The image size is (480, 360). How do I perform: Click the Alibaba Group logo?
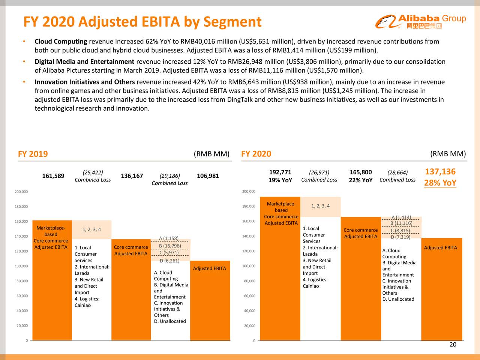coord(420,22)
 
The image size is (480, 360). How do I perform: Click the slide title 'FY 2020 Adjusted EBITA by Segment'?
coord(142,22)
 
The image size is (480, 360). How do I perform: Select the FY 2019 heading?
coord(33,154)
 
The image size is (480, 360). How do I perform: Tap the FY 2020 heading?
coord(256,154)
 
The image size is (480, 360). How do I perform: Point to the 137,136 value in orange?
coord(440,172)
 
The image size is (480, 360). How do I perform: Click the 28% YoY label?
coord(440,183)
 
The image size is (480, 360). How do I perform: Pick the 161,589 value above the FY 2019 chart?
coord(53,176)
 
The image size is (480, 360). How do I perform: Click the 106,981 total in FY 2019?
coord(207,176)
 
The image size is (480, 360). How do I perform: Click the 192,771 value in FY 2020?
coord(280,172)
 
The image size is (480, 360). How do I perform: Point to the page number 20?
coord(453,345)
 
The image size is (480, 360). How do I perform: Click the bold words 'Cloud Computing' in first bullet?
coord(61,42)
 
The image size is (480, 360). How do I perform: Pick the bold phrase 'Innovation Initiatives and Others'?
coord(85,82)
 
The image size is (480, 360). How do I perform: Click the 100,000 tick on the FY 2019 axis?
coord(21,266)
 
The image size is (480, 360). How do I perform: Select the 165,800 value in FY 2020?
coord(360,172)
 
